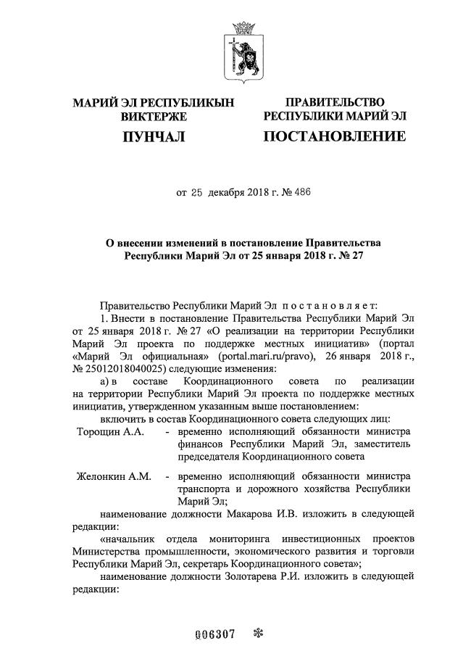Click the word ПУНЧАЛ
[x=154, y=136]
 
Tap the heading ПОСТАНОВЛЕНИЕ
[x=334, y=136]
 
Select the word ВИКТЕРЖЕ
[x=154, y=116]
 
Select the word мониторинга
[x=239, y=539]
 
